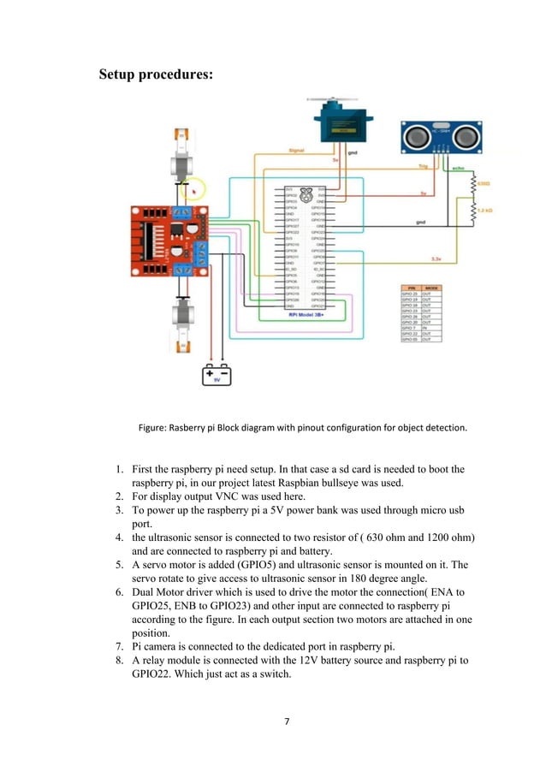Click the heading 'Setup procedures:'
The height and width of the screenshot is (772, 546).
coord(157,74)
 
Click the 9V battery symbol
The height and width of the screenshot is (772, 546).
coord(216,374)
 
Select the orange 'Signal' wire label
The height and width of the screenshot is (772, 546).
coord(296,150)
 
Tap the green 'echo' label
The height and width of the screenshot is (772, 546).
coord(457,169)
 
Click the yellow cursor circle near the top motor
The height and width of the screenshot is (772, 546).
coord(196,189)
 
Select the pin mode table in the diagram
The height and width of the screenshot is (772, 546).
coord(421,314)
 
